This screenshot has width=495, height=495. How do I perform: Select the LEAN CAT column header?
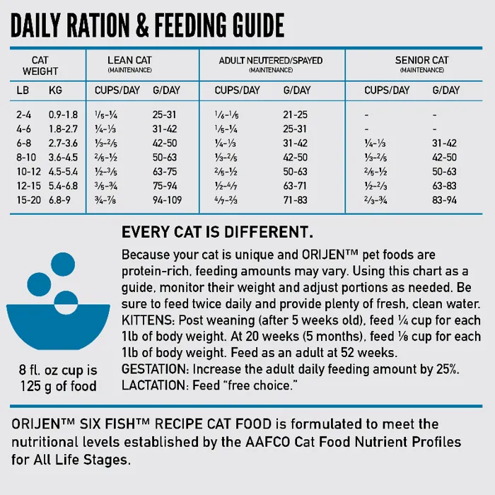coord(131,61)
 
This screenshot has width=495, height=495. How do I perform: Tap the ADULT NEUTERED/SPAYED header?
coord(271,61)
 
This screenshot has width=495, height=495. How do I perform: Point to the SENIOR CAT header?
coord(421,61)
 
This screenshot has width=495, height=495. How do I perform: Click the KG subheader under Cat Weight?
coord(55,91)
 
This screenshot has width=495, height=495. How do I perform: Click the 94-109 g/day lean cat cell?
coord(167,200)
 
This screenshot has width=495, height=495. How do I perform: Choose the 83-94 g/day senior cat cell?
coord(445,200)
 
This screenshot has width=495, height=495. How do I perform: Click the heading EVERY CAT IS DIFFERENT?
coord(218,233)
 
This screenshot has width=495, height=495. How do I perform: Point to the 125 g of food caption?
coord(58,386)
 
